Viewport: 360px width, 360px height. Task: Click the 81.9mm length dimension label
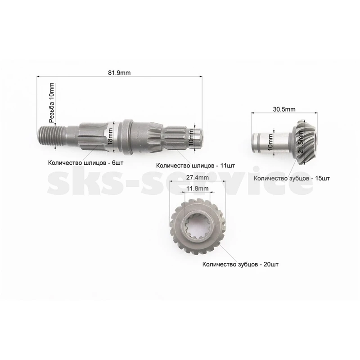[119, 73]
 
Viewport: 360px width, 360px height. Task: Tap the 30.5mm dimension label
[284, 109]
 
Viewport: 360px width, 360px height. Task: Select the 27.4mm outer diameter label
[198, 177]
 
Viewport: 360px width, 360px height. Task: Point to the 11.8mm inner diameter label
[198, 189]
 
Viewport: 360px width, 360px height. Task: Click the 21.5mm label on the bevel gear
[301, 142]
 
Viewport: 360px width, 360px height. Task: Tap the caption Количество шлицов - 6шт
[85, 163]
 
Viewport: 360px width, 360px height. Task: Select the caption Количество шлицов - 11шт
[195, 166]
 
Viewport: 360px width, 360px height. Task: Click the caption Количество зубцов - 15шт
[292, 178]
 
